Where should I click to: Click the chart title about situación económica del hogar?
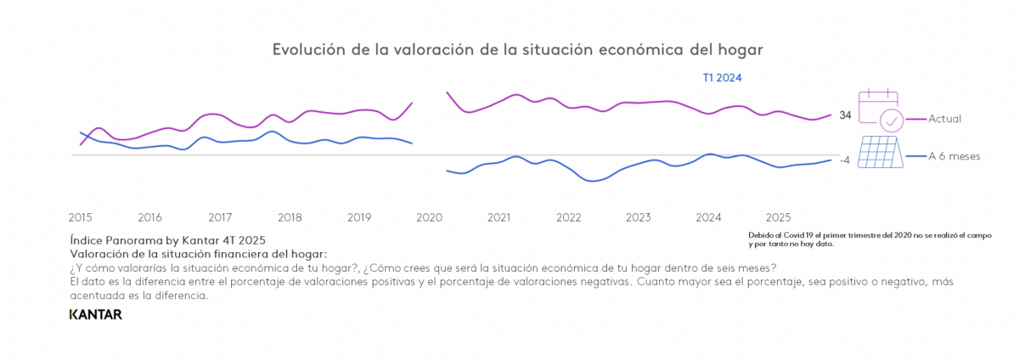(517, 49)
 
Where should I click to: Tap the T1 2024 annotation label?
(722, 78)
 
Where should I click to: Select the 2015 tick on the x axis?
(81, 217)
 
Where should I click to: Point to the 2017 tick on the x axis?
(220, 217)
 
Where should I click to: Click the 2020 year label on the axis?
(430, 217)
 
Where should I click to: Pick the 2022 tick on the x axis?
(569, 217)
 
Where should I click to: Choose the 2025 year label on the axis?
(779, 217)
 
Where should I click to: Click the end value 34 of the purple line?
(845, 115)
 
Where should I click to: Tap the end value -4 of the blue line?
(845, 160)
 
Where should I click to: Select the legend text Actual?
(945, 119)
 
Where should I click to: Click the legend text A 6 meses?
(954, 156)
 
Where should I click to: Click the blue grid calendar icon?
(879, 153)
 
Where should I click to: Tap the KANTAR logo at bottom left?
(95, 315)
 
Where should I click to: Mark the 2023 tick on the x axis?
(639, 217)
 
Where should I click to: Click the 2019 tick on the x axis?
(359, 217)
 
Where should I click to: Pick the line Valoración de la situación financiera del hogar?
(198, 254)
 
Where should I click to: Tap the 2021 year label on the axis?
(499, 217)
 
